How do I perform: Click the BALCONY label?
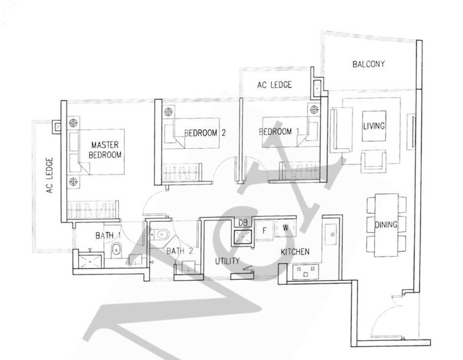coord(369,64)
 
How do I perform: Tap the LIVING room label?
coord(374,126)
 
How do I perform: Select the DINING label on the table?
coord(385,225)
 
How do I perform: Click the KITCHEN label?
coord(295,252)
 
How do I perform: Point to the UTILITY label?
coord(227,262)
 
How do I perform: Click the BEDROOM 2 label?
coord(204,133)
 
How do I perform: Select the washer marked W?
coord(285,227)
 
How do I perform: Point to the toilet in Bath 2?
coord(161,235)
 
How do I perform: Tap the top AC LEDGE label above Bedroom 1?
coord(274,85)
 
